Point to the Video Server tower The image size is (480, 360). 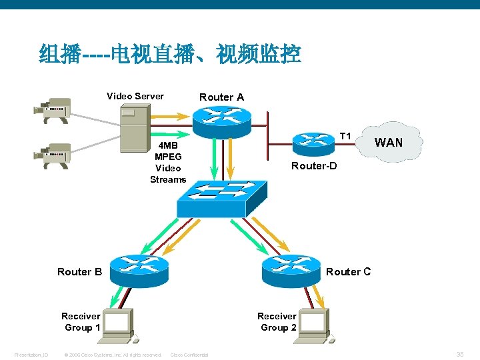tap(133, 129)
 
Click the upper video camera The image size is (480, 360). tap(53, 109)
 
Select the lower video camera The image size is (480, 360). tap(53, 155)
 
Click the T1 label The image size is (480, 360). tap(345, 136)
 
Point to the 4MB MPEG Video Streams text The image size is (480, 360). tap(168, 163)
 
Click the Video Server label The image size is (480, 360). tap(135, 96)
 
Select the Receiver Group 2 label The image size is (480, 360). tap(277, 321)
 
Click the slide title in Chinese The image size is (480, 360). tap(170, 53)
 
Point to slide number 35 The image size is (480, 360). tap(460, 354)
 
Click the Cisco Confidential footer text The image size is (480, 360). tap(189, 355)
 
